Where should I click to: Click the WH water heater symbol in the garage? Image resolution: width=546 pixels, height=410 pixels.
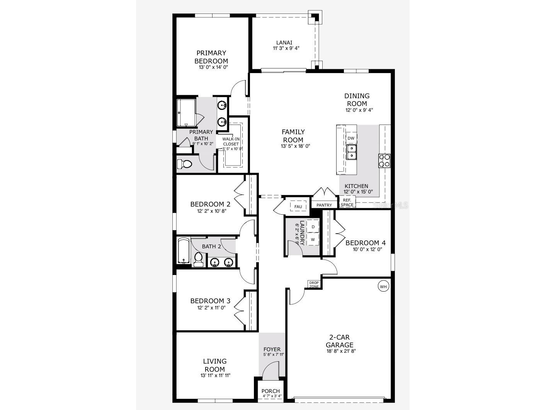pos(383,287)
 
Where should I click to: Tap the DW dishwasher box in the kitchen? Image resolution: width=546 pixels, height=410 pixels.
pos(351,138)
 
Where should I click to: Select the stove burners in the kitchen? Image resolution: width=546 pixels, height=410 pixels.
pos(384,160)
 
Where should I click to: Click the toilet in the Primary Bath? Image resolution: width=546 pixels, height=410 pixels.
pos(185,164)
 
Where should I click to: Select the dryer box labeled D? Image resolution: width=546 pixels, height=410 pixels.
pos(313,227)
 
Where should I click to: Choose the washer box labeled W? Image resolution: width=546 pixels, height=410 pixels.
pos(313,240)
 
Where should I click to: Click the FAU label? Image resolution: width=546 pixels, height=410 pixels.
pos(298,207)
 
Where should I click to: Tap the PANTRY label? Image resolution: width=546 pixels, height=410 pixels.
pos(324,205)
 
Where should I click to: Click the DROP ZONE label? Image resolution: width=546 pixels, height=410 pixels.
pos(314,285)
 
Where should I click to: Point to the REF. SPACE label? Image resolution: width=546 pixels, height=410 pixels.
pos(347,202)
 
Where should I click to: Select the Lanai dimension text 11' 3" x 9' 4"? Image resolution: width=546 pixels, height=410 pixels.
pos(286,48)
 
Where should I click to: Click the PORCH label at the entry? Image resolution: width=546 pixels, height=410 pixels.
pos(270,391)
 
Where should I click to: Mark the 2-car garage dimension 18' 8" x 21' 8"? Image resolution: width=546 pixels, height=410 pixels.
pos(340,351)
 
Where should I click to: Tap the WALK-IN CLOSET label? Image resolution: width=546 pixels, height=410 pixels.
pos(231,142)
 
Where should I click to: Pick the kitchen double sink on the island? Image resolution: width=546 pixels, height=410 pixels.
pos(352,152)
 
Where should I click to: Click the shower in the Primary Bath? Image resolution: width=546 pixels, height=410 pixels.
pos(186,113)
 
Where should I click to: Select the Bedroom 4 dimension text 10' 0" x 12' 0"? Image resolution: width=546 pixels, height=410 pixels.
pos(367,249)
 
